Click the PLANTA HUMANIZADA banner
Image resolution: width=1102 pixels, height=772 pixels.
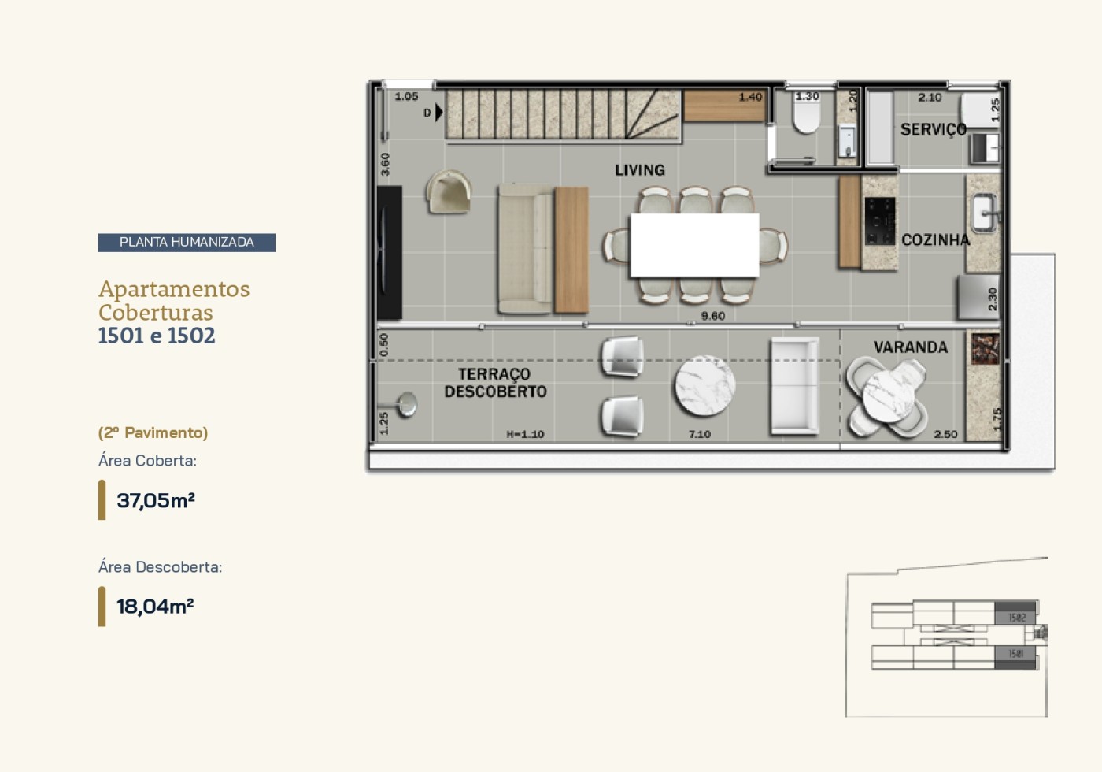click(187, 243)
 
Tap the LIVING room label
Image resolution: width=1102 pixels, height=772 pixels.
click(640, 170)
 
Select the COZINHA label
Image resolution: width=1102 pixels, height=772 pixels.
click(935, 239)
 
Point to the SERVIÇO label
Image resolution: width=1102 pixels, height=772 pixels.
click(933, 129)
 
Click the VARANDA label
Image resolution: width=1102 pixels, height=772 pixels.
click(910, 347)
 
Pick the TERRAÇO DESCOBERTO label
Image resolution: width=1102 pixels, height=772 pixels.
click(495, 383)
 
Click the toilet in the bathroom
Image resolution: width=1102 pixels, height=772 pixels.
click(806, 117)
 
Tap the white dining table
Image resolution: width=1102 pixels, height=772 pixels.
click(694, 244)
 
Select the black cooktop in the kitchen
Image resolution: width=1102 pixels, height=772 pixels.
click(880, 221)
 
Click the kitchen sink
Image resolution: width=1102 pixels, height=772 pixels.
click(983, 212)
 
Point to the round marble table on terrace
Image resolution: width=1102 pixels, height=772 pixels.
click(704, 386)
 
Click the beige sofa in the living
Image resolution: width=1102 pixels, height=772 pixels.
click(525, 249)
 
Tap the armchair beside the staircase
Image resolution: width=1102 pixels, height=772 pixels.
click(449, 192)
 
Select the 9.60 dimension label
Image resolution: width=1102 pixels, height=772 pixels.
click(712, 316)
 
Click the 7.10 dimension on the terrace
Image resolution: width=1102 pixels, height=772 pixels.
click(699, 434)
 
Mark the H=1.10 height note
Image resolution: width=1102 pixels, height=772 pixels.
click(525, 434)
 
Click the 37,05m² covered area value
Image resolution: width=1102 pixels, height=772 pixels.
click(155, 501)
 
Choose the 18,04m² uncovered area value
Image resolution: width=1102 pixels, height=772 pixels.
click(155, 607)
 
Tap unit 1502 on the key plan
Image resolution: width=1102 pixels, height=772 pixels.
click(1016, 617)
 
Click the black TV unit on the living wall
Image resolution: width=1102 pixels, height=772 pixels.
click(390, 253)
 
